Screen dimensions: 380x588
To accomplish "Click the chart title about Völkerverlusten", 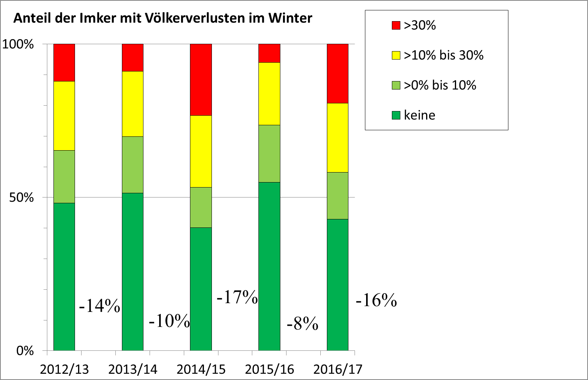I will tap(163, 18).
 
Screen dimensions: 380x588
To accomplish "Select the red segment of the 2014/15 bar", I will tap(201, 80).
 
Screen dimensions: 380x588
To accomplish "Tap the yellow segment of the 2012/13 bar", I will tap(64, 116).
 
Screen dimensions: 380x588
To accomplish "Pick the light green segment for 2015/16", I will tap(269, 153).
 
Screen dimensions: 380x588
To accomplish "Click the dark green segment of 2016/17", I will tap(338, 285).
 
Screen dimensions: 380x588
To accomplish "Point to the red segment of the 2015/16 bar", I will tap(269, 53).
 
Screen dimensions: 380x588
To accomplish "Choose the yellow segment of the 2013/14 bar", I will tap(133, 104).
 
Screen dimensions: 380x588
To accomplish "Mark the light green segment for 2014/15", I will tap(201, 207).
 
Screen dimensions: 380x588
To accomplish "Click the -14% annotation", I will tap(100, 306).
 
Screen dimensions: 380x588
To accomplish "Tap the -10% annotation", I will tap(169, 321).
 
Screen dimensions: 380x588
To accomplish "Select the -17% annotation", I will tap(237, 297).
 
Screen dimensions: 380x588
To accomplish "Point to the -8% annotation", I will tap(303, 324).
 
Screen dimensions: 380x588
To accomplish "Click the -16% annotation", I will tap(376, 300).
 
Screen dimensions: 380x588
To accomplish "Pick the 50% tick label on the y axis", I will tap(22, 197).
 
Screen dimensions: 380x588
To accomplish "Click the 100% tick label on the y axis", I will tap(18, 44).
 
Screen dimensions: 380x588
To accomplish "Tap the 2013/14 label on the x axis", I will tap(133, 369).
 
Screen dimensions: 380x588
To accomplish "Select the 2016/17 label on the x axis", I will tap(338, 369).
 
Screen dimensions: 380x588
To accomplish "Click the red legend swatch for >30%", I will tap(396, 25).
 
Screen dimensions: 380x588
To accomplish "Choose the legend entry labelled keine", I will tap(419, 115).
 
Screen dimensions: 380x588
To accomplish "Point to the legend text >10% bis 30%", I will tap(443, 55).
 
